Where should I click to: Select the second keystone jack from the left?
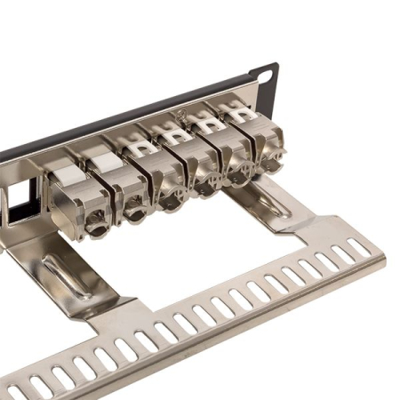[120, 182]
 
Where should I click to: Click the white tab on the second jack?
[103, 161]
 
